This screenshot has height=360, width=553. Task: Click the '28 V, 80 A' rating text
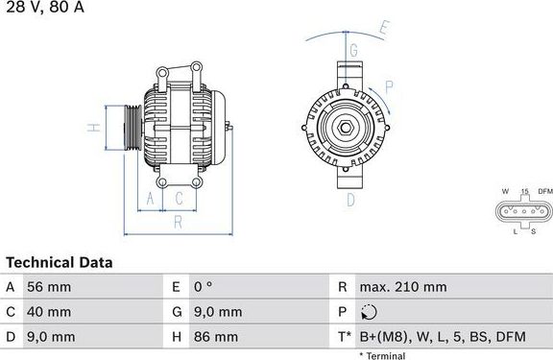(43, 8)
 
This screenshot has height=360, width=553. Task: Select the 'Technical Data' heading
(60, 262)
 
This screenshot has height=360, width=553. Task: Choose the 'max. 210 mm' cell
(402, 287)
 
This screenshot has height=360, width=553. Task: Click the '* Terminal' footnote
(382, 355)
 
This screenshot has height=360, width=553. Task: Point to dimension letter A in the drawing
(150, 199)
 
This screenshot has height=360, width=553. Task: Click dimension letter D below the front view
(350, 200)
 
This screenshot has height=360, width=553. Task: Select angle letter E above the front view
(383, 28)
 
